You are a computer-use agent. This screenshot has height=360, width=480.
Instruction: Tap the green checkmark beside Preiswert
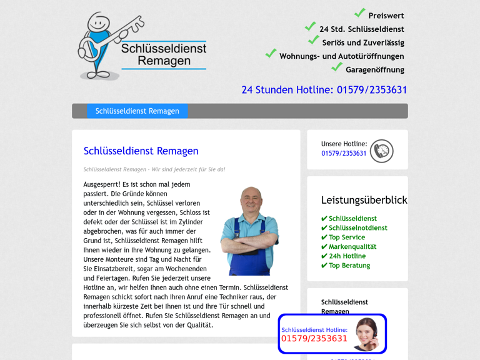pyautogui.click(x=360, y=13)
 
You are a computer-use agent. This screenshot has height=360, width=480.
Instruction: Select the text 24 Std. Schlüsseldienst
pyautogui.click(x=361, y=29)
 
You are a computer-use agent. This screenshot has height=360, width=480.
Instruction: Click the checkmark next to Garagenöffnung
pyautogui.click(x=337, y=67)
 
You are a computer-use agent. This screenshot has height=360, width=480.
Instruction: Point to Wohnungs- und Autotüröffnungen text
pyautogui.click(x=341, y=56)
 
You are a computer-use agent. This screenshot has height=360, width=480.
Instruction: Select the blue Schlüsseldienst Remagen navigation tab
pyautogui.click(x=137, y=111)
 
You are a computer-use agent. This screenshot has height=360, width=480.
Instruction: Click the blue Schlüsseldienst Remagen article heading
pyautogui.click(x=141, y=151)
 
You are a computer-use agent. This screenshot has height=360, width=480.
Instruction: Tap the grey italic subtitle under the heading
pyautogui.click(x=154, y=169)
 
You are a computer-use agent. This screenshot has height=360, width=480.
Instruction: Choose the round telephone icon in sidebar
pyautogui.click(x=381, y=151)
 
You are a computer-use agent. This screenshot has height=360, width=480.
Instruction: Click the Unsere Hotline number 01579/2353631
pyautogui.click(x=344, y=154)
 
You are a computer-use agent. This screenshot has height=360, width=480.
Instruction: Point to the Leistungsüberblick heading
pyautogui.click(x=364, y=201)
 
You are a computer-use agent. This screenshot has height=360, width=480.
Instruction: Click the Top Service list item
pyautogui.click(x=347, y=237)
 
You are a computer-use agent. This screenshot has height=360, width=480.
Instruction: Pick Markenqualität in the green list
pyautogui.click(x=352, y=247)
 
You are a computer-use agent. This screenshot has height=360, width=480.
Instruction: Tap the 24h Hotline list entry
pyautogui.click(x=347, y=256)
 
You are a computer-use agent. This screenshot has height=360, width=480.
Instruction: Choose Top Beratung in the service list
pyautogui.click(x=349, y=266)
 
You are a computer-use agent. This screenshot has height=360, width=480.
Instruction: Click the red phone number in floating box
pyautogui.click(x=314, y=339)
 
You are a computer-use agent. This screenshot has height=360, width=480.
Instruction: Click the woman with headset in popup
pyautogui.click(x=367, y=334)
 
